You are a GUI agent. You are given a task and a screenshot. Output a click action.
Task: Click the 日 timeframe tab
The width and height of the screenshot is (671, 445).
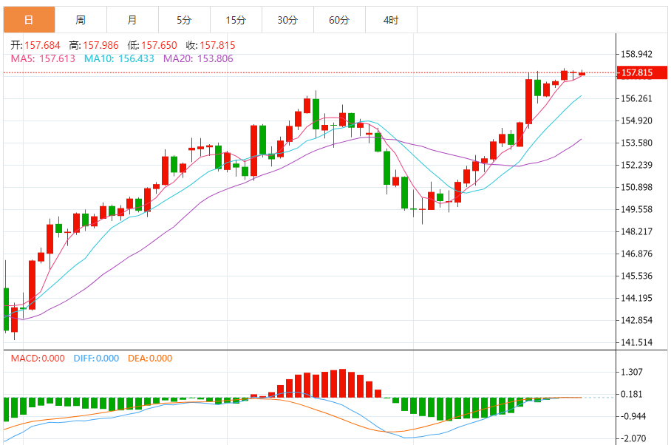point(28,20)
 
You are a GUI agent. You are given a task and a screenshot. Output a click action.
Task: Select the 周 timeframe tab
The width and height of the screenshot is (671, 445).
point(80,20)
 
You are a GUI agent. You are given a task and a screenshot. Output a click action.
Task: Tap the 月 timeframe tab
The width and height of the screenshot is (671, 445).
point(132,20)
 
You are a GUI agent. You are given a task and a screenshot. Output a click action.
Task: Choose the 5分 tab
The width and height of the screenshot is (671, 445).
point(184,20)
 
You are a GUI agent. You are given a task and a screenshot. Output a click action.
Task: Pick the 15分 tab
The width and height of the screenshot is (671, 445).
point(236,20)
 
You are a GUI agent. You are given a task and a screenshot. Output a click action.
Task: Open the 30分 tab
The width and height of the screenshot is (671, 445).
point(287,20)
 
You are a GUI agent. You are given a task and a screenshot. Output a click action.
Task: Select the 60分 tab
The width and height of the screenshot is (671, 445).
point(339,20)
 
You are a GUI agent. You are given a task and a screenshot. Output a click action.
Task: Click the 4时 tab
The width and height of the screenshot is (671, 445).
point(391,20)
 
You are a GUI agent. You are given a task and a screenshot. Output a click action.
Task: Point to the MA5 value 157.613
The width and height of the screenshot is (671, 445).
point(58,58)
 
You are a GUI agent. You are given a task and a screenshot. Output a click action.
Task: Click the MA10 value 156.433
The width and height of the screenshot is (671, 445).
point(133,58)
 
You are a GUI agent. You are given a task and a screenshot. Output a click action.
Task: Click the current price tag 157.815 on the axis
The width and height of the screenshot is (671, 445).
point(637,72)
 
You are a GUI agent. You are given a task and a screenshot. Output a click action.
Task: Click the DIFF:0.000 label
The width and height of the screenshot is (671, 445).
point(96,359)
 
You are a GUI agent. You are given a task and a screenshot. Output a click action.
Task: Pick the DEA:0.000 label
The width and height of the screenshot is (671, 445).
point(150,359)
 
